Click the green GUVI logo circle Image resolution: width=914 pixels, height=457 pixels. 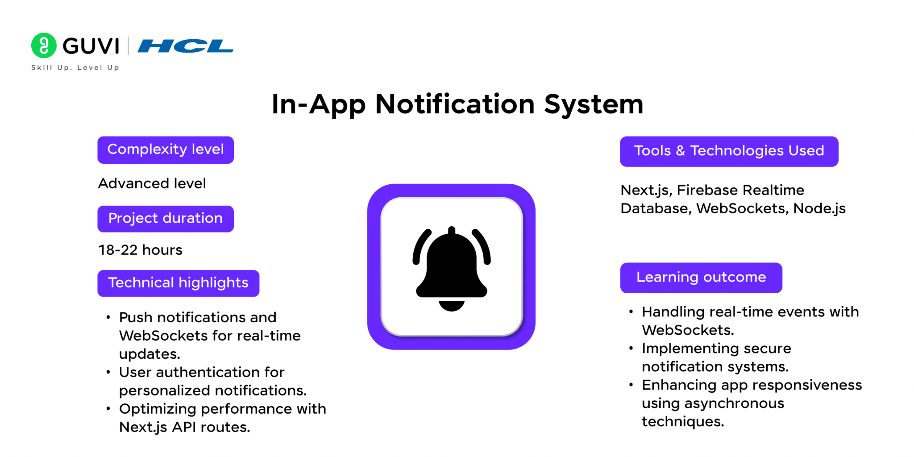click(x=44, y=46)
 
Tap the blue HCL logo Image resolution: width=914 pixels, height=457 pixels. click(x=185, y=46)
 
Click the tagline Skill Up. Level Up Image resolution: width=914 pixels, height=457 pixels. click(x=75, y=67)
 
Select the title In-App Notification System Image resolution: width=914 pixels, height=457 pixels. click(x=457, y=104)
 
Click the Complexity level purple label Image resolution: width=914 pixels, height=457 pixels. click(x=166, y=150)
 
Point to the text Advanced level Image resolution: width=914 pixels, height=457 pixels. click(x=152, y=183)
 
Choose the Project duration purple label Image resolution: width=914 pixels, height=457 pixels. click(x=166, y=219)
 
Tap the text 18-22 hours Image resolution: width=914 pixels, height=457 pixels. click(x=140, y=250)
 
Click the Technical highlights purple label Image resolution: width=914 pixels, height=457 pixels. click(x=179, y=283)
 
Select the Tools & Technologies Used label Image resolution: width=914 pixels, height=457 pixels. click(x=729, y=151)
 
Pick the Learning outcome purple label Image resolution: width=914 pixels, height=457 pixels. click(x=701, y=278)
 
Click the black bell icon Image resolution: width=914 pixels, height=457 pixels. click(x=452, y=269)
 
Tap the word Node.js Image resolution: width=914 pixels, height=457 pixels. click(x=819, y=208)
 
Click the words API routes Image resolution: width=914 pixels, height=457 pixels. click(x=211, y=427)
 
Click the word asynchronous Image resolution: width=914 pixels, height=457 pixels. click(x=734, y=403)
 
